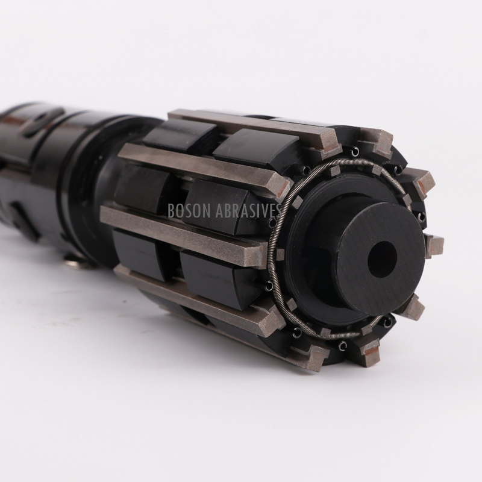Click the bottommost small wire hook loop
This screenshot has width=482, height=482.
[x=341, y=345]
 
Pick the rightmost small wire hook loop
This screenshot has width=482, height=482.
[x=421, y=216]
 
